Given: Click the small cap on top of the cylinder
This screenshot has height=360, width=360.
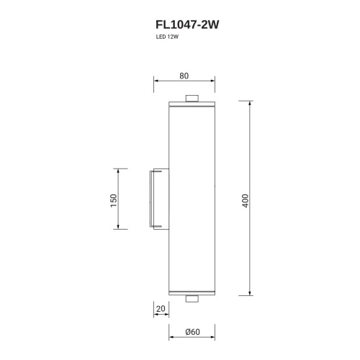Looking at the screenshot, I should click(x=192, y=99).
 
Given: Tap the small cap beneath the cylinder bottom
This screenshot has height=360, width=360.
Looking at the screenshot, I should click(x=192, y=298).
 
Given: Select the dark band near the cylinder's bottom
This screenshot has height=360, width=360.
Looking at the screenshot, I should click(x=192, y=290).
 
